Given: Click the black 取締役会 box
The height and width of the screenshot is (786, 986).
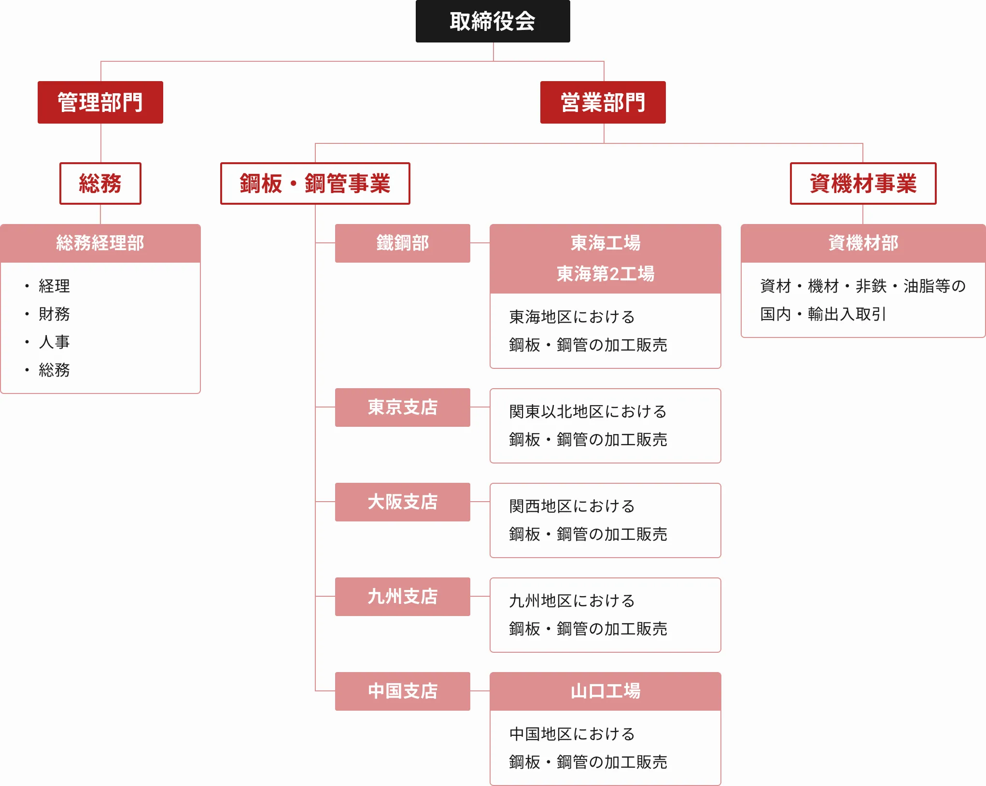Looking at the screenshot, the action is click(493, 21).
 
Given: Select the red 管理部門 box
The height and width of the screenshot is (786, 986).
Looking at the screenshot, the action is click(100, 102).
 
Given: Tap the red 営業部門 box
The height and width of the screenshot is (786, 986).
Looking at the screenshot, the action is click(603, 102).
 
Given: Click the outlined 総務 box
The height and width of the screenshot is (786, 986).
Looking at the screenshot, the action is click(100, 183).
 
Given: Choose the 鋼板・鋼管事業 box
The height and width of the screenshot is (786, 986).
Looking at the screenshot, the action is click(315, 183).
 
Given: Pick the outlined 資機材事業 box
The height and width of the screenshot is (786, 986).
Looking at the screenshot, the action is click(863, 183).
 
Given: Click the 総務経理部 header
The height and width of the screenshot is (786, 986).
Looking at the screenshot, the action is click(100, 243).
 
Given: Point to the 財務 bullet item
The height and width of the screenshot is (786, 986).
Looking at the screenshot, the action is click(54, 314).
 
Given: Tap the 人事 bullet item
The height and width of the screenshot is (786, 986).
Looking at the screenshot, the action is click(54, 342).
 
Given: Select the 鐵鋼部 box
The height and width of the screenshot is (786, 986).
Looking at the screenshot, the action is click(403, 243).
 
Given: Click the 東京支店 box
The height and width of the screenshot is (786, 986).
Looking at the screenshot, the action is click(403, 407).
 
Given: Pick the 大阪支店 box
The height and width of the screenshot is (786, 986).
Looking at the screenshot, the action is click(403, 502).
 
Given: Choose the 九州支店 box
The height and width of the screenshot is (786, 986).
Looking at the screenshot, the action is click(403, 597).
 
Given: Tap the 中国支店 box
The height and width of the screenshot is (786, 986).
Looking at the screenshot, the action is click(403, 691).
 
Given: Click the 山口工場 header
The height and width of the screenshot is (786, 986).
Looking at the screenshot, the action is click(606, 691).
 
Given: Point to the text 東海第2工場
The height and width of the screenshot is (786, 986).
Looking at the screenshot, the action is click(606, 274).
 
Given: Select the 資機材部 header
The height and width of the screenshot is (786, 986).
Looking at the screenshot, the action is click(863, 243).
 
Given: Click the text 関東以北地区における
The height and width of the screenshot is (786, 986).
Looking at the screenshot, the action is click(588, 411).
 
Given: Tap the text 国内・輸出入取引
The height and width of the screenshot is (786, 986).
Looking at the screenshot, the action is click(823, 314).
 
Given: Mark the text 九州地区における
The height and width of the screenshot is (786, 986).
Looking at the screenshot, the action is click(572, 601).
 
